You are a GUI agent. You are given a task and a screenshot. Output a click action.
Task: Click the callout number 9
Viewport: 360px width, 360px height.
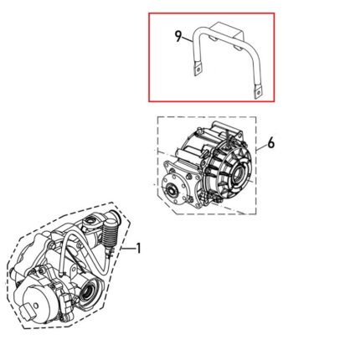[178, 36]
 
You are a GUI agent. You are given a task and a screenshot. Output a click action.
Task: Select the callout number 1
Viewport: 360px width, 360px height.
[139, 249]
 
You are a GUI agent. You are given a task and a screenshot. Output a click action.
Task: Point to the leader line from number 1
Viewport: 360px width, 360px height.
[127, 249]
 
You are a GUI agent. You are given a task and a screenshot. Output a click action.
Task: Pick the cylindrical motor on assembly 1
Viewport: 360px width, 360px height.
[36, 302]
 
